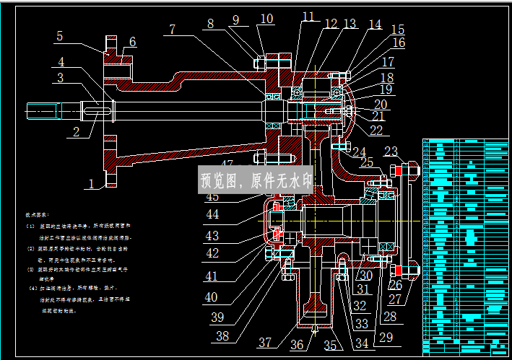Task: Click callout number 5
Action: tap(59, 36)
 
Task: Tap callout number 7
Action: tap(172, 30)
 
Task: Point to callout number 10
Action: tap(267, 19)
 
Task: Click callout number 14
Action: tap(374, 25)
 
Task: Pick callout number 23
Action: tap(391, 152)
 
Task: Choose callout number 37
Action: tap(265, 343)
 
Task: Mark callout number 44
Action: tap(212, 214)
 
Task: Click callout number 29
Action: tap(386, 336)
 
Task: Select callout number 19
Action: tap(386, 90)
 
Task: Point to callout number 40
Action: tap(210, 297)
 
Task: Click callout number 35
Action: tap(330, 345)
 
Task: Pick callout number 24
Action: tap(359, 152)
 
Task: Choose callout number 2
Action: tap(75, 132)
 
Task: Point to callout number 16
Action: tap(398, 43)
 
